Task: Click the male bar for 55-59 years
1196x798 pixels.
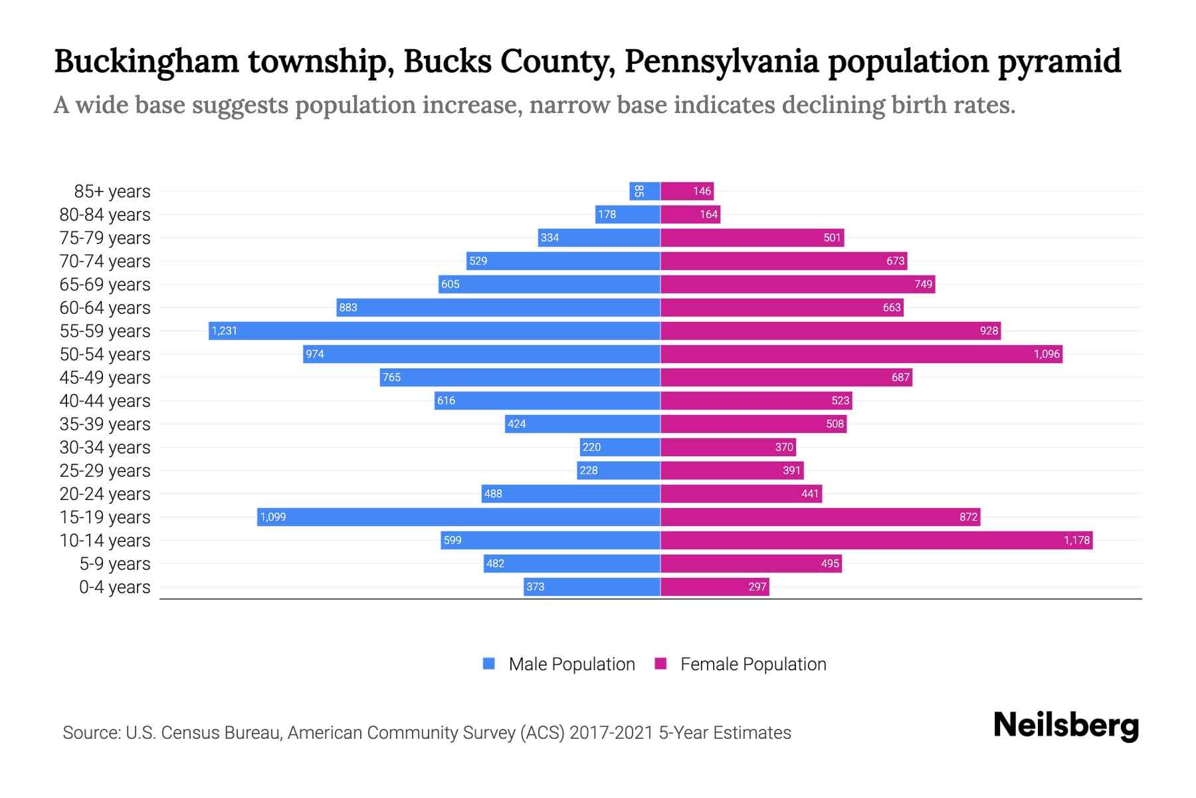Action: click(x=434, y=331)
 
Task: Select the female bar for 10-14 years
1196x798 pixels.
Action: click(x=876, y=540)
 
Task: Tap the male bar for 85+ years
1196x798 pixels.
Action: click(x=645, y=191)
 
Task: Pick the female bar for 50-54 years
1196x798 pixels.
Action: click(x=861, y=354)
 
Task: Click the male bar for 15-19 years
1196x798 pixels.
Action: click(x=458, y=517)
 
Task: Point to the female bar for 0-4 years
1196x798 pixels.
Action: click(x=714, y=587)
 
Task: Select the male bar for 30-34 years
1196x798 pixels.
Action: click(x=620, y=447)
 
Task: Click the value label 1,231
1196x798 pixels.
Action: click(x=225, y=331)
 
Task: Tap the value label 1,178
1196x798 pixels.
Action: click(x=1076, y=540)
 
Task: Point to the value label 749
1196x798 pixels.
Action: click(x=924, y=284)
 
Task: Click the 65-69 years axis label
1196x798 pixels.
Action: click(x=105, y=284)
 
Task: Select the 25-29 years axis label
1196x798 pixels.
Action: click(x=105, y=470)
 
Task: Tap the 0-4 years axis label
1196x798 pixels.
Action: click(x=114, y=587)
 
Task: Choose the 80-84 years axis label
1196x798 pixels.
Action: click(x=105, y=214)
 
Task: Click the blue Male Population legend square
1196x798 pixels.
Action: click(x=489, y=664)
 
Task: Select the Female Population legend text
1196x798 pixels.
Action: click(x=753, y=664)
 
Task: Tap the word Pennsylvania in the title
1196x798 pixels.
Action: click(x=721, y=61)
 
